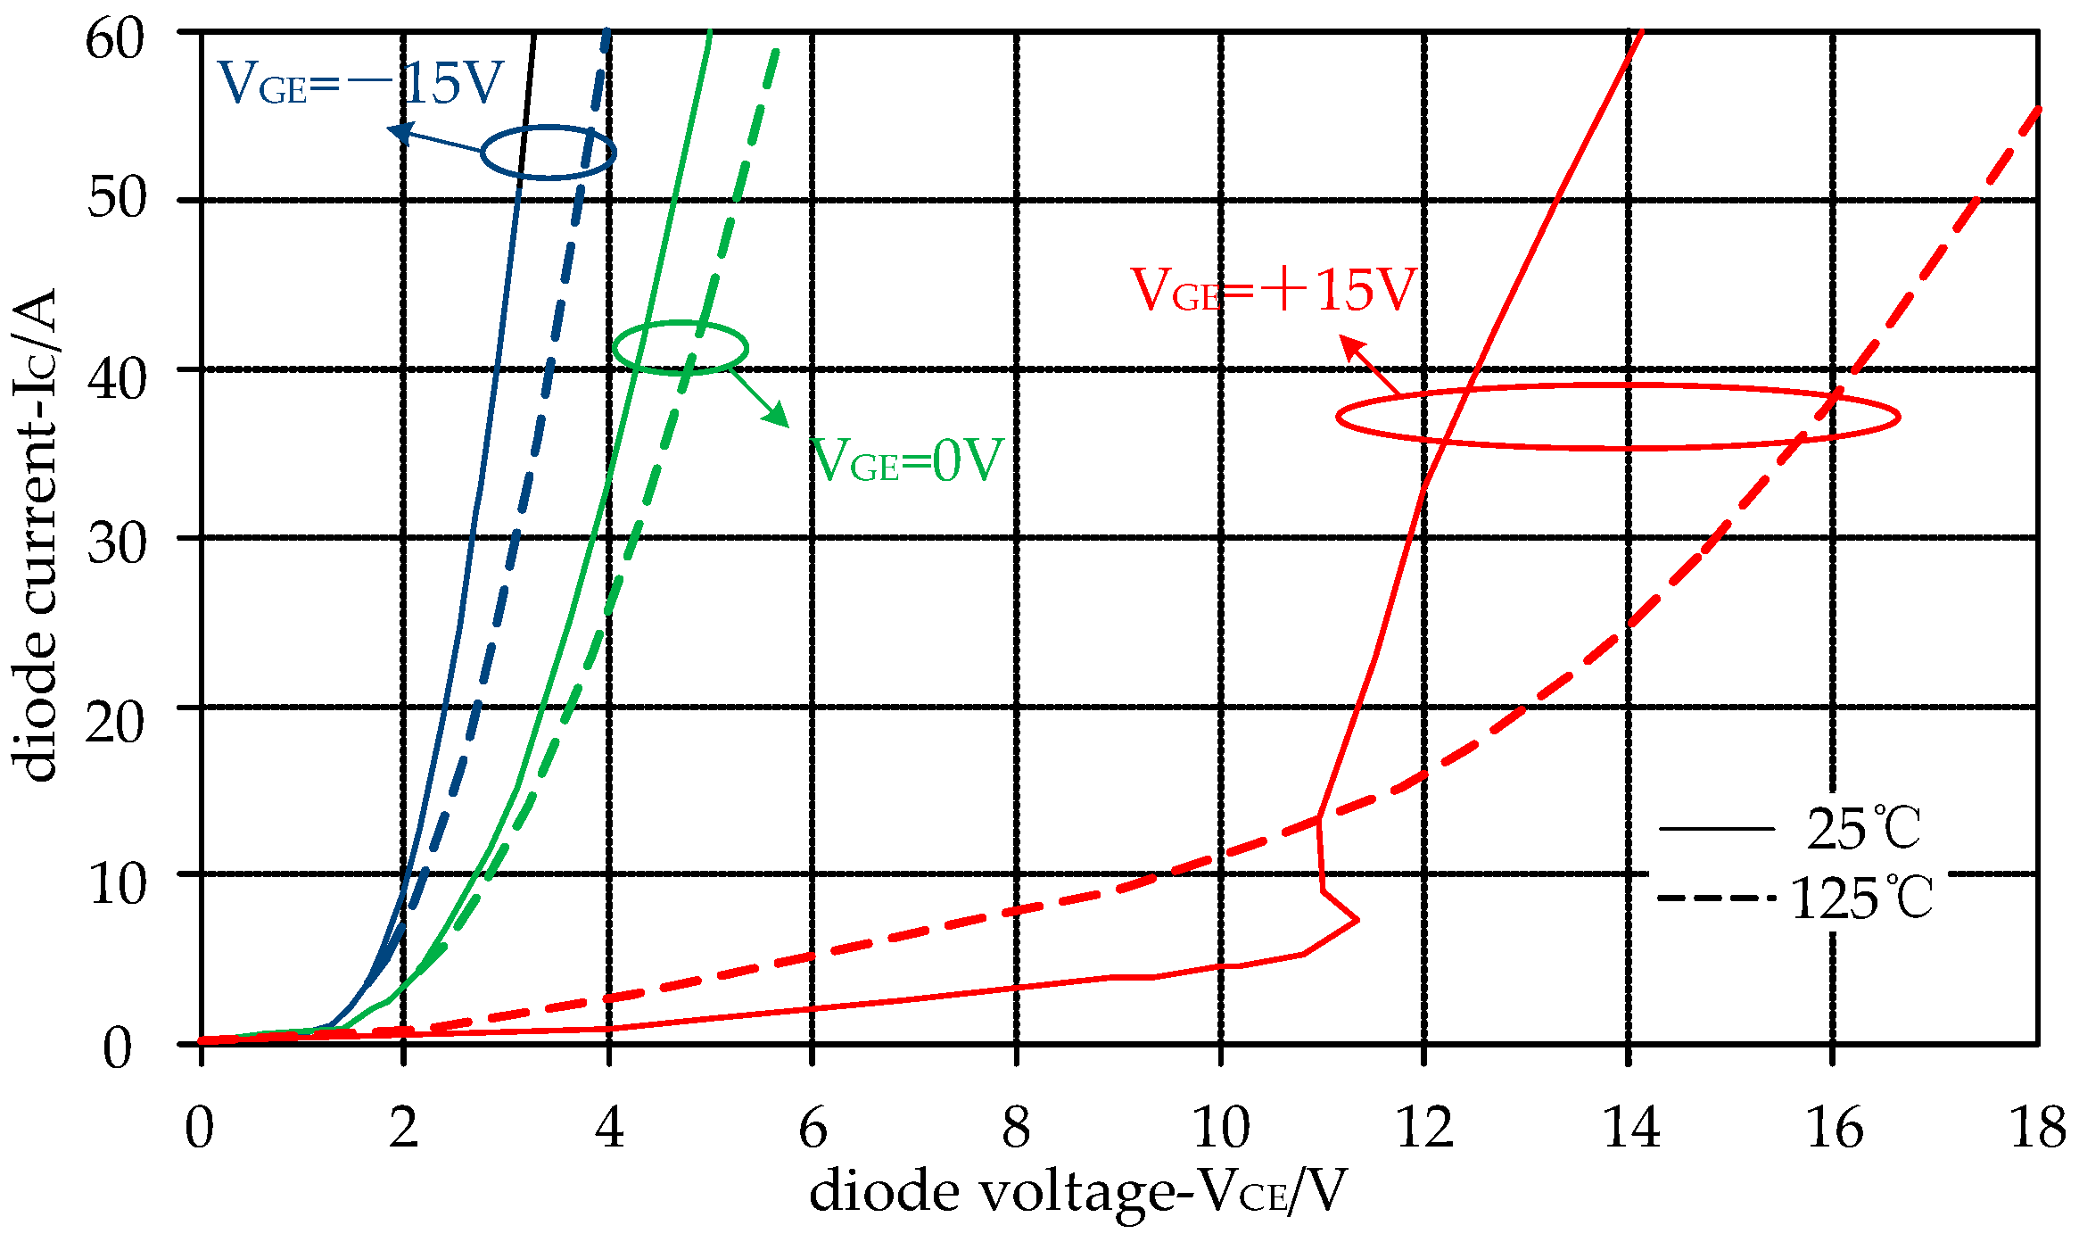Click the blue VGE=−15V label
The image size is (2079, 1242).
click(x=361, y=85)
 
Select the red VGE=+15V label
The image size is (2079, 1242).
click(x=1274, y=290)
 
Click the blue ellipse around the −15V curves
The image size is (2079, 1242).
click(x=548, y=153)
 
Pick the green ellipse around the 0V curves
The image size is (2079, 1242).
click(x=681, y=347)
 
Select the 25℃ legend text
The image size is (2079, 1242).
click(x=1863, y=830)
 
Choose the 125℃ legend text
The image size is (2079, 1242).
click(x=1861, y=898)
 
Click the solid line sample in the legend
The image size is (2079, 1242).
click(x=1716, y=830)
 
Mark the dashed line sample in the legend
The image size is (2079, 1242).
click(x=1716, y=898)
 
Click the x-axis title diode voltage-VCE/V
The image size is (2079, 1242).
click(x=1077, y=1192)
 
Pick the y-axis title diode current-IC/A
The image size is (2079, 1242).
click(x=34, y=535)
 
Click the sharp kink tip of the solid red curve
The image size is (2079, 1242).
click(x=1358, y=918)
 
